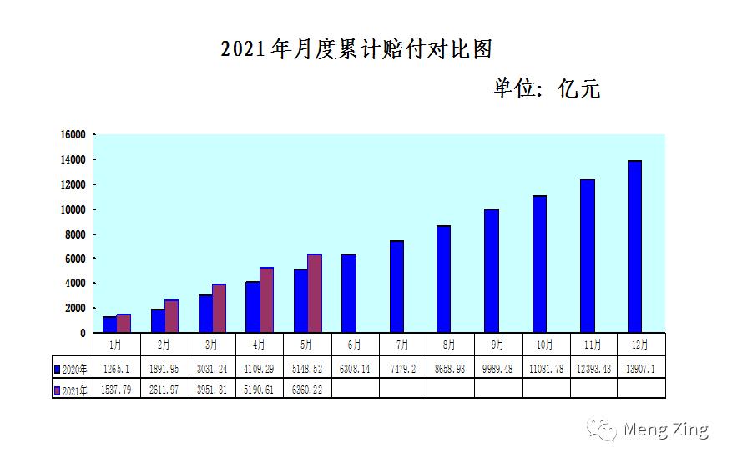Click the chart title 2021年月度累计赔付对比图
(356, 48)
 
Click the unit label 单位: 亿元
(546, 88)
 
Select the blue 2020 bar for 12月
(634, 246)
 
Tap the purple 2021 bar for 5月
(314, 293)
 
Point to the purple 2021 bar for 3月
(219, 308)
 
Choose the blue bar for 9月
(492, 270)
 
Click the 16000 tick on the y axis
(75, 135)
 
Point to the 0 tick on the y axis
(83, 333)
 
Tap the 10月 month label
(546, 344)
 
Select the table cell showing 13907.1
(642, 368)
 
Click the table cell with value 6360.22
(307, 389)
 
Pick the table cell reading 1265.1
(116, 368)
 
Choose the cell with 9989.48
(498, 368)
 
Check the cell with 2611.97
(164, 389)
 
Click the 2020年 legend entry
(71, 368)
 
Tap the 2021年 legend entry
(71, 389)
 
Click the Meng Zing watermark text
(665, 430)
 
